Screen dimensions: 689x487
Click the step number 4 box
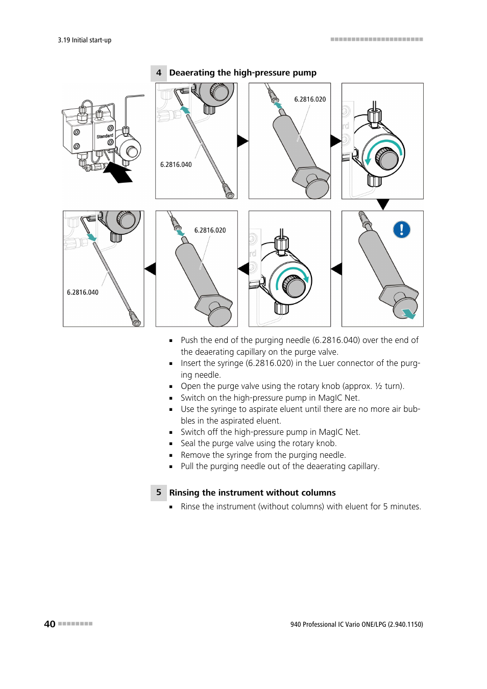(x=159, y=73)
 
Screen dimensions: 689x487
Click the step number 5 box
(x=159, y=493)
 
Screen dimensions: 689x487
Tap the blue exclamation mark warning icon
(x=402, y=230)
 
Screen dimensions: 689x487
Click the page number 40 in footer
(x=50, y=624)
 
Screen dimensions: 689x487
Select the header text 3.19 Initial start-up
(x=84, y=40)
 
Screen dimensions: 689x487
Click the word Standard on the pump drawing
(x=105, y=136)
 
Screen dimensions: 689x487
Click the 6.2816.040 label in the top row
(x=176, y=165)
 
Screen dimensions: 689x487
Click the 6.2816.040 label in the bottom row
(x=83, y=292)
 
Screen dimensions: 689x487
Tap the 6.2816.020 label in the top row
(x=310, y=100)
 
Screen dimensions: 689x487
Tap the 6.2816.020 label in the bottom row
(x=210, y=230)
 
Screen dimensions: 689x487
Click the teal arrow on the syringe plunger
(x=408, y=313)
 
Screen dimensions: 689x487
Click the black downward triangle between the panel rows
(x=383, y=204)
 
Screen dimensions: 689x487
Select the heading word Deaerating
(x=192, y=73)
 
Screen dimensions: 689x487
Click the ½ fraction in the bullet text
(x=378, y=386)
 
